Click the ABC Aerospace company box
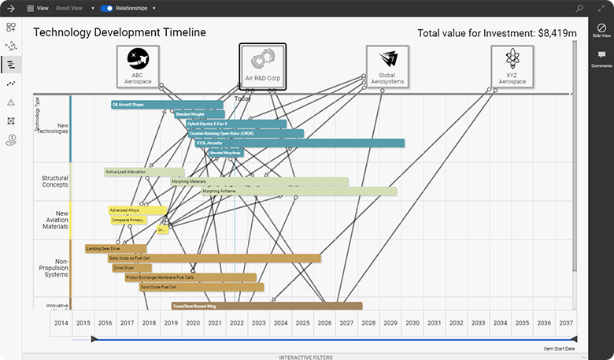coord(138,65)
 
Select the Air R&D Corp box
coord(262,65)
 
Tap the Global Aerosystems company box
coord(387,65)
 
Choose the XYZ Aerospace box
coord(511,65)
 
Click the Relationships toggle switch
coord(106,8)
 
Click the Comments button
coord(601,58)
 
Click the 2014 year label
coord(61,323)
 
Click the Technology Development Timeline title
coord(120,32)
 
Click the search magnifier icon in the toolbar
coord(579,8)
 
